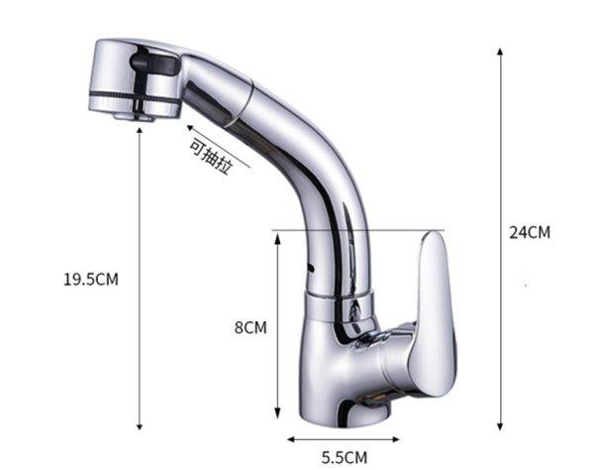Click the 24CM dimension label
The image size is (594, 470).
[x=530, y=232]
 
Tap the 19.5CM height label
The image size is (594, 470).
[x=91, y=280]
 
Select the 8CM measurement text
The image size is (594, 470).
[x=250, y=327]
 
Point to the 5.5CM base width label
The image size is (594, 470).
[x=345, y=457]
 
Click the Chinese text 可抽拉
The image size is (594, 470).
[x=211, y=157]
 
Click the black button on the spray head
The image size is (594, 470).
[x=154, y=63]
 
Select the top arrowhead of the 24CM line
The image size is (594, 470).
[x=500, y=52]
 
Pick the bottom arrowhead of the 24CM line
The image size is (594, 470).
[x=500, y=426]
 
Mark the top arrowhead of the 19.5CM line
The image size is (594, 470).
[x=140, y=131]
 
